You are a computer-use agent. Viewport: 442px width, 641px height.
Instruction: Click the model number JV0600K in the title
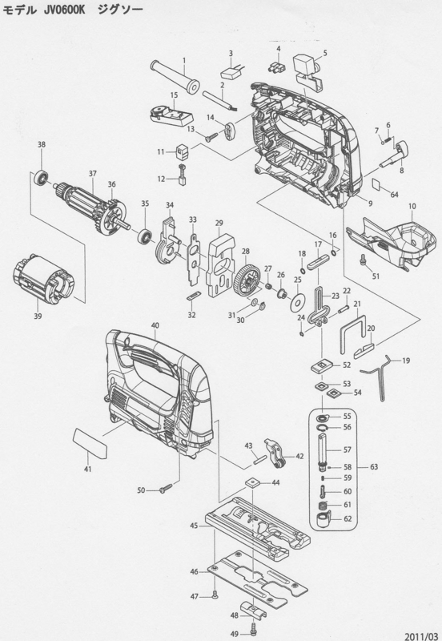[x=62, y=10]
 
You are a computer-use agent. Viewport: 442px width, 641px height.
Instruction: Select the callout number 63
[x=374, y=466]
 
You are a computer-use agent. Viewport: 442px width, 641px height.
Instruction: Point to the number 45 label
[x=195, y=526]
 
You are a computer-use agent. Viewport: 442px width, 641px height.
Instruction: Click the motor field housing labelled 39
[x=44, y=276]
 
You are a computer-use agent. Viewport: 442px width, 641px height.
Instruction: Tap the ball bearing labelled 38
[x=42, y=177]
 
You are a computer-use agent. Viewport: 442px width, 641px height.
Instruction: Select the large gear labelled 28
[x=246, y=278]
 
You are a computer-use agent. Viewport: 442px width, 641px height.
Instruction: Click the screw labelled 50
[x=166, y=488]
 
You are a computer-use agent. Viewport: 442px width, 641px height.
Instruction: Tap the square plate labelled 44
[x=252, y=483]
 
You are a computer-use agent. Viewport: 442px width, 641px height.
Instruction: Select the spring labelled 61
[x=323, y=506]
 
